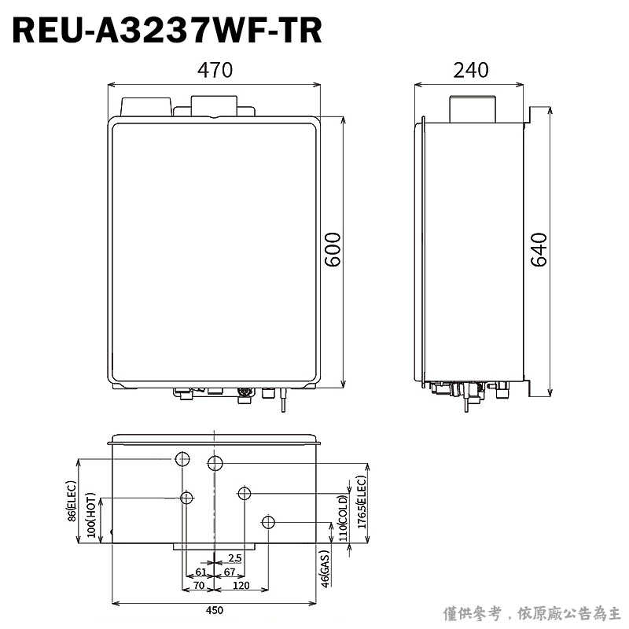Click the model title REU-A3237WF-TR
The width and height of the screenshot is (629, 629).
click(x=167, y=31)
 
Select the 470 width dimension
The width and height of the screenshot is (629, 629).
click(x=215, y=70)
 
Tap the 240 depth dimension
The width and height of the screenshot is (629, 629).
click(x=471, y=70)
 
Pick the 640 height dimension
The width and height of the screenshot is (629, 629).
click(x=539, y=250)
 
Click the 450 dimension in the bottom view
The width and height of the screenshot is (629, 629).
click(x=215, y=610)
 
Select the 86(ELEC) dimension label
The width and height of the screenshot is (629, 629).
click(x=72, y=502)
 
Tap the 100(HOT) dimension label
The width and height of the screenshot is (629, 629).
click(x=91, y=515)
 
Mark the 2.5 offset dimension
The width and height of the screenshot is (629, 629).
click(x=234, y=558)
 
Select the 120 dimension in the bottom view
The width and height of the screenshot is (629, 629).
click(x=241, y=586)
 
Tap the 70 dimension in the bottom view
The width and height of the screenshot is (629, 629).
click(x=198, y=586)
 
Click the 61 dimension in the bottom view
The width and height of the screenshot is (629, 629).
click(x=201, y=572)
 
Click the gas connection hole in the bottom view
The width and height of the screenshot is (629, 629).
click(x=269, y=522)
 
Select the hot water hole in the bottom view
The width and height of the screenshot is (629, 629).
click(x=187, y=497)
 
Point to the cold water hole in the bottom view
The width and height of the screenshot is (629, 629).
click(x=245, y=493)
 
